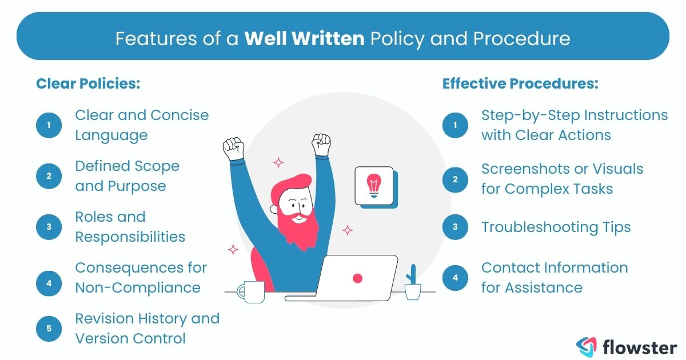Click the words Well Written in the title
click(x=304, y=38)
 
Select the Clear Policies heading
click(x=88, y=83)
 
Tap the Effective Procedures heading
click(x=520, y=83)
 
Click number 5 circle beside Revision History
click(x=49, y=328)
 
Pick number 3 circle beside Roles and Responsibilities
click(x=49, y=227)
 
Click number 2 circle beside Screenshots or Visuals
click(x=456, y=179)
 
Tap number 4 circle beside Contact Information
click(x=456, y=278)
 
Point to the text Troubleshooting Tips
click(x=556, y=227)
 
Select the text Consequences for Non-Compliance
click(x=141, y=277)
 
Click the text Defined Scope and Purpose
click(x=127, y=176)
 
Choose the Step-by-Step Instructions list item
click(x=574, y=125)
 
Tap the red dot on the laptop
click(x=358, y=278)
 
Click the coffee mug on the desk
click(x=251, y=291)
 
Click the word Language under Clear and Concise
click(x=111, y=135)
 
